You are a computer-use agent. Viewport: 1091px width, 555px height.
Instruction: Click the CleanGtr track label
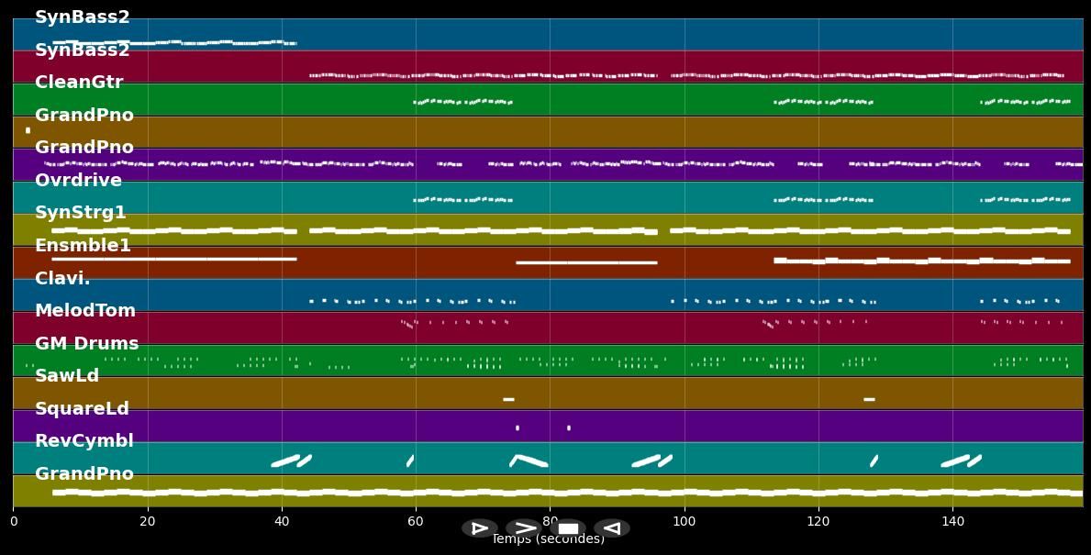pos(79,83)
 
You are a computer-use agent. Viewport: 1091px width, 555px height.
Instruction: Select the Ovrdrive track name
pos(78,180)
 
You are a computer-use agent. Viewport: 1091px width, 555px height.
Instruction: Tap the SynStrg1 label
pos(81,213)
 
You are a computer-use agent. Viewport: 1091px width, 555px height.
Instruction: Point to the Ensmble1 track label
pos(83,246)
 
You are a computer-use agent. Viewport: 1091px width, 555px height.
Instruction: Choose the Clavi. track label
pos(62,278)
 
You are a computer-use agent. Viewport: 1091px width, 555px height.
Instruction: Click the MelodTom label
pos(85,311)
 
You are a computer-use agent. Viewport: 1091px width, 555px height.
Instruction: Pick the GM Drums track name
pos(86,344)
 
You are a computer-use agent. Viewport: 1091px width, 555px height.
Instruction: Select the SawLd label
pos(67,376)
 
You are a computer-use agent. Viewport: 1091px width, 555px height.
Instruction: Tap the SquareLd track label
pos(82,409)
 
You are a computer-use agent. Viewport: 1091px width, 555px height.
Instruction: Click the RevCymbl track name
pos(84,441)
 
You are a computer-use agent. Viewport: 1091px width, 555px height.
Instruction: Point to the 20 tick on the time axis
pos(147,522)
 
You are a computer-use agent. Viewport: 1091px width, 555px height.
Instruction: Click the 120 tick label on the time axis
pos(818,522)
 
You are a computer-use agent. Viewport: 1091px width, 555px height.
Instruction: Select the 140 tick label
pos(952,522)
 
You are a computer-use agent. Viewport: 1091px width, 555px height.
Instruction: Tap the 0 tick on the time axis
pos(13,522)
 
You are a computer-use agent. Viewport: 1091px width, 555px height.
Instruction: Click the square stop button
pos(568,528)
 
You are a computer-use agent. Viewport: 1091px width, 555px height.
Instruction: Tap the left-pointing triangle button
pos(611,528)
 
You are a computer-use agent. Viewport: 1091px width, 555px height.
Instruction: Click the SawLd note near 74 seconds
pos(508,399)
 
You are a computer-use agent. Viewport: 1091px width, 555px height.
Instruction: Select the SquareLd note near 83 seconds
pos(569,427)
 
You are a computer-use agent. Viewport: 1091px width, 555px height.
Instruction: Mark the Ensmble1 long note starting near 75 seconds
pos(586,262)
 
